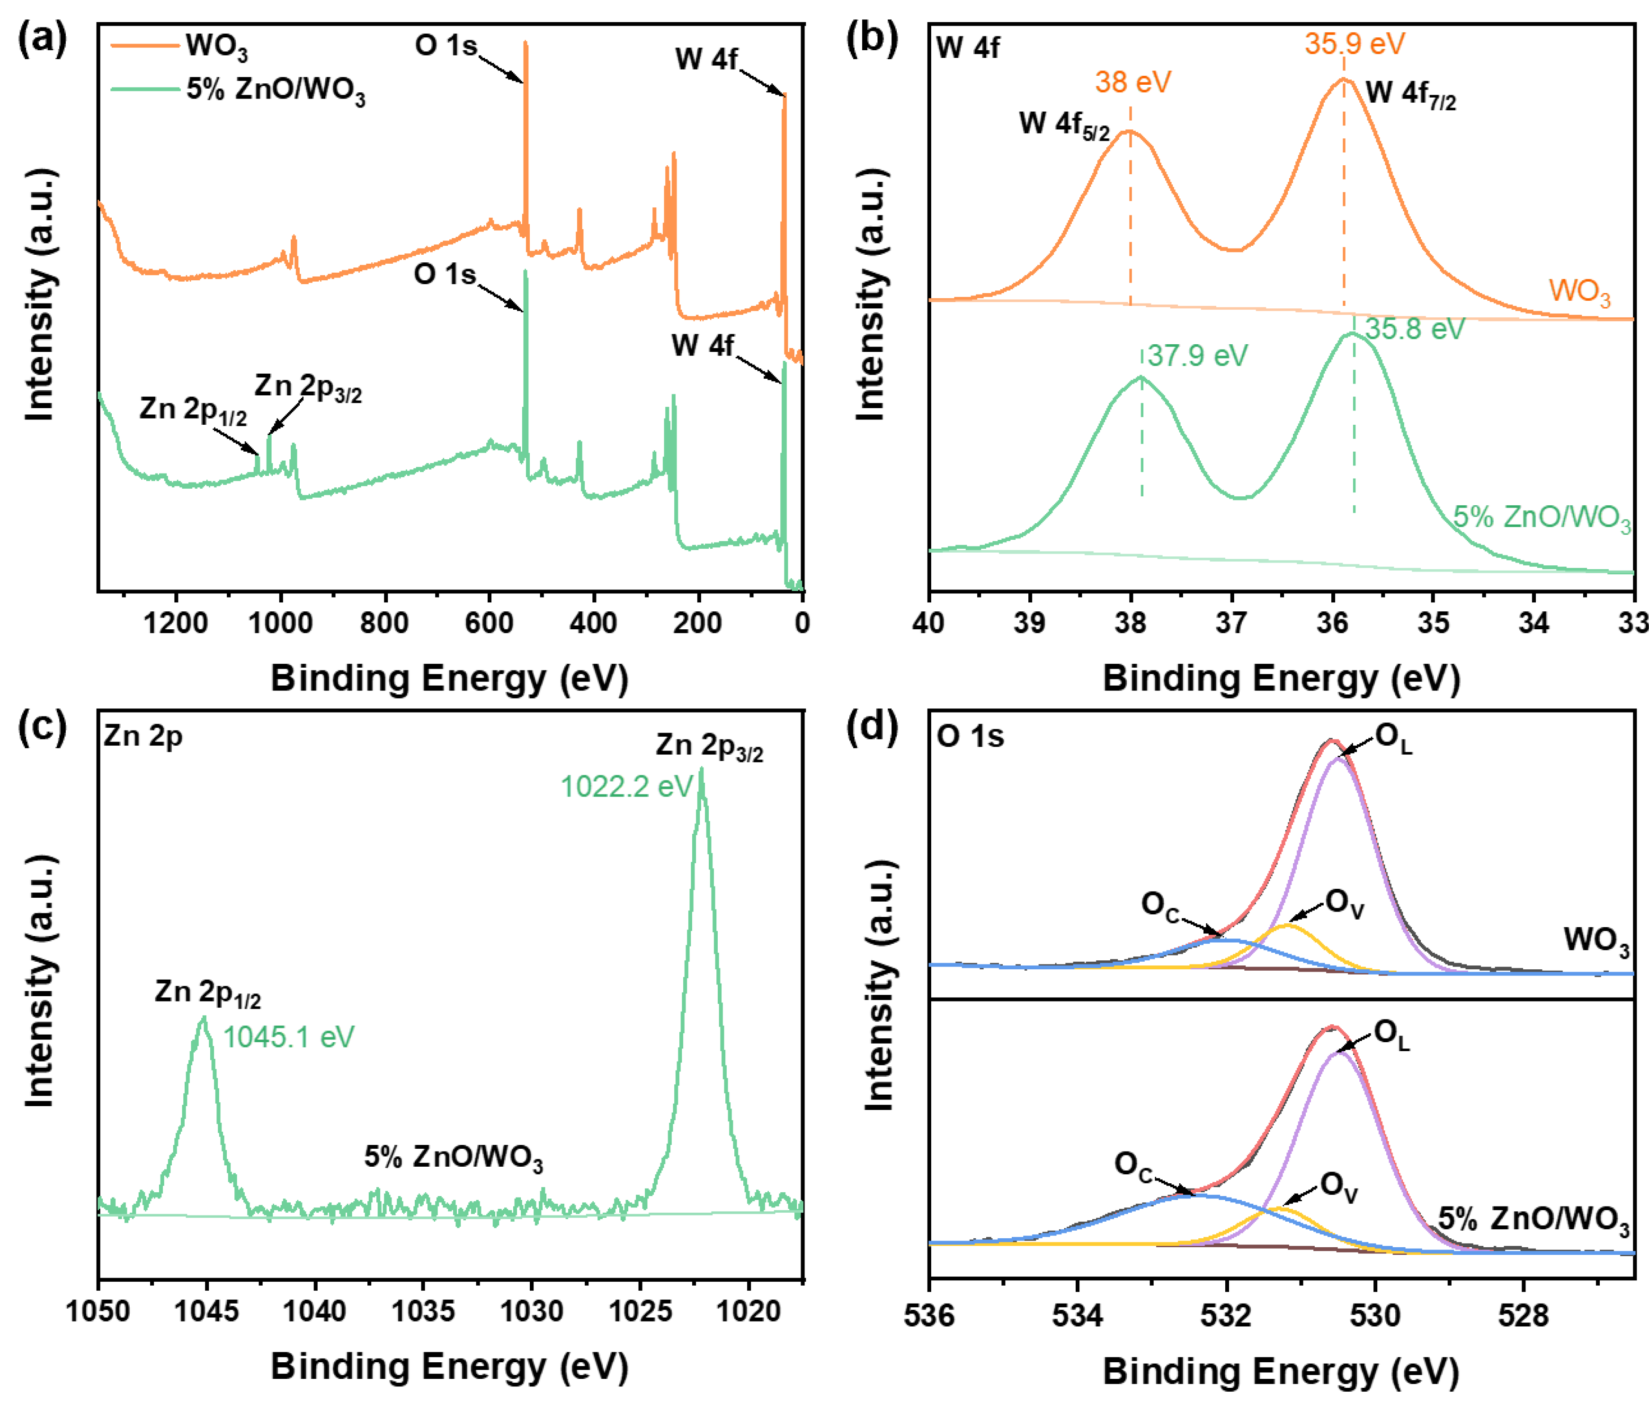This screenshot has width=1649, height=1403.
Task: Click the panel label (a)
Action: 41,38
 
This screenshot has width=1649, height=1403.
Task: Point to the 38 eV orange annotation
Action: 1132,82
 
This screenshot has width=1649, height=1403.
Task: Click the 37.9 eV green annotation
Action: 1196,356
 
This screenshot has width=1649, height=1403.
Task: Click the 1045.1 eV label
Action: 288,1037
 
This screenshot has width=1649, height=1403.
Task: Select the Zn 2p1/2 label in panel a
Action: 192,411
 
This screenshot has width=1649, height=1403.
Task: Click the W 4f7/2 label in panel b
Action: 1410,95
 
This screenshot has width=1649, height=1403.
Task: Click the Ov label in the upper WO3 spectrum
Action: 1345,904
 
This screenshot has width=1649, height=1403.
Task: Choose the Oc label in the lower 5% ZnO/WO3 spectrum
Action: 1133,1166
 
